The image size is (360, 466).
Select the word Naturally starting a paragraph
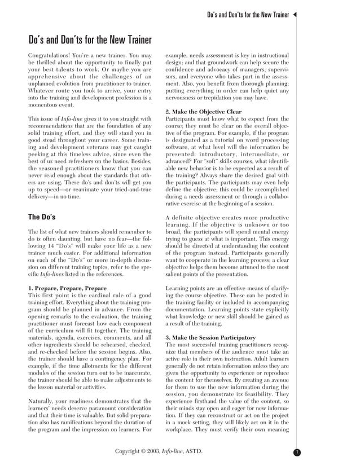(42, 401)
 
